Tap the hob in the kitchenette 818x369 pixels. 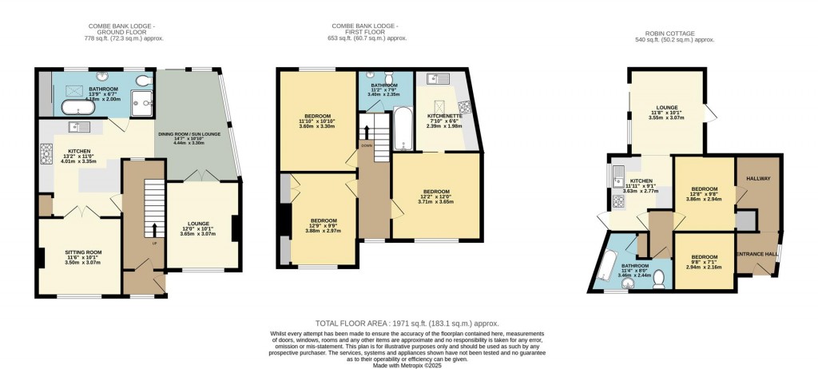pyautogui.click(x=464, y=105)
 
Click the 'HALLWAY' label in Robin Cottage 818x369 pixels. pyautogui.click(x=758, y=178)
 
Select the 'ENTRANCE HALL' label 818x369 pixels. pyautogui.click(x=760, y=254)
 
